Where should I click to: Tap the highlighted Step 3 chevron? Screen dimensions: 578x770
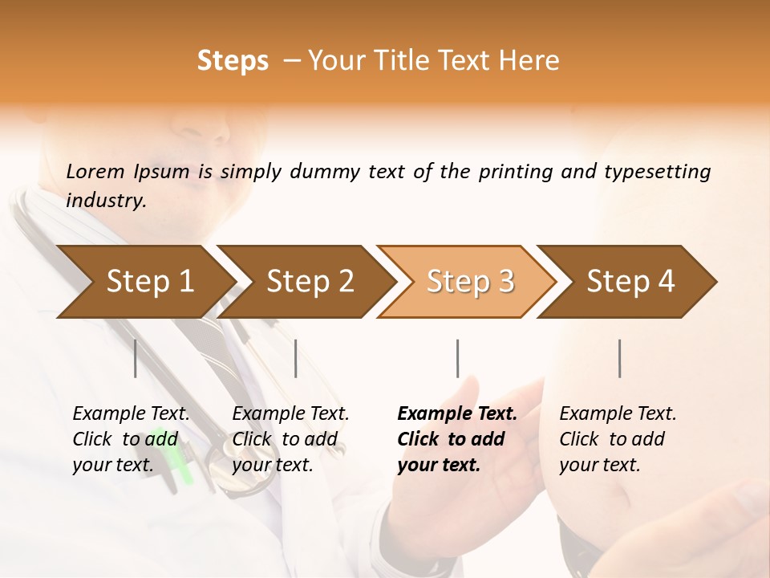click(470, 281)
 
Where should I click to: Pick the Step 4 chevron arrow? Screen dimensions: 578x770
click(630, 281)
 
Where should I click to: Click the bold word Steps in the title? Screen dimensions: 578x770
click(233, 61)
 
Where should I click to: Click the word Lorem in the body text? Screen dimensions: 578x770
click(95, 171)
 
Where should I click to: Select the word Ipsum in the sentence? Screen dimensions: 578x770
click(161, 171)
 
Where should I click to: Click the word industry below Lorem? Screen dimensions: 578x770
click(106, 200)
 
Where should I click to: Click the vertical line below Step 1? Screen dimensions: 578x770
click(136, 358)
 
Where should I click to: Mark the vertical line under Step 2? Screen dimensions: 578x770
click(296, 358)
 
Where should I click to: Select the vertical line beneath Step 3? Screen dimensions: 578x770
click(457, 358)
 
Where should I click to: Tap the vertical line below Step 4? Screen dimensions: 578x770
click(619, 358)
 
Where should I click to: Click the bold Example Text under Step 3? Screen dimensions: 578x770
click(457, 414)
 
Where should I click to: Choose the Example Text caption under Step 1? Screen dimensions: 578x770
click(131, 414)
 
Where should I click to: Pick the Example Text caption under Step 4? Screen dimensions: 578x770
click(618, 414)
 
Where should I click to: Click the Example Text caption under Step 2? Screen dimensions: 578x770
click(290, 414)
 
